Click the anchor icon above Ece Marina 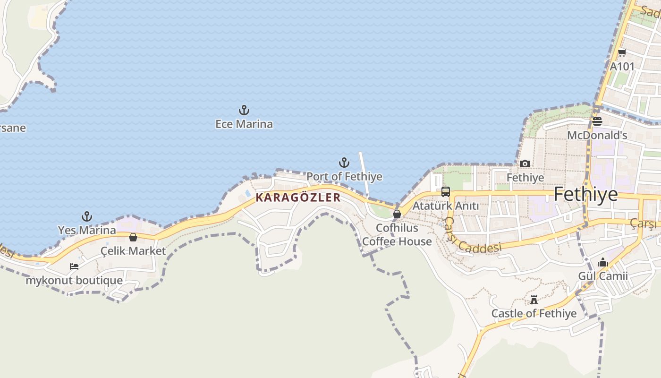[244, 111]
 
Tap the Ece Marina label [244, 124]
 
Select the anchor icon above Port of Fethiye [344, 163]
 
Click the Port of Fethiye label [344, 177]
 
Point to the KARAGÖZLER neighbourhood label [298, 198]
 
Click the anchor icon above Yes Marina [86, 216]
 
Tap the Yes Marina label [86, 230]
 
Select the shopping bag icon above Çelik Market [133, 237]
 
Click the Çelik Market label [133, 251]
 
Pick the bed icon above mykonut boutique [74, 266]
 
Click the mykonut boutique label [74, 280]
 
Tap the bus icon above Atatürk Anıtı [445, 192]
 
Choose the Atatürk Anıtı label [445, 206]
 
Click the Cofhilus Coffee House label [397, 235]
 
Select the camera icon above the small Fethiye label [525, 164]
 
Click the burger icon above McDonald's [597, 121]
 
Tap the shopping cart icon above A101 [622, 53]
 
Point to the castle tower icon [534, 300]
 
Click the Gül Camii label [603, 276]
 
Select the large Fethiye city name [585, 194]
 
